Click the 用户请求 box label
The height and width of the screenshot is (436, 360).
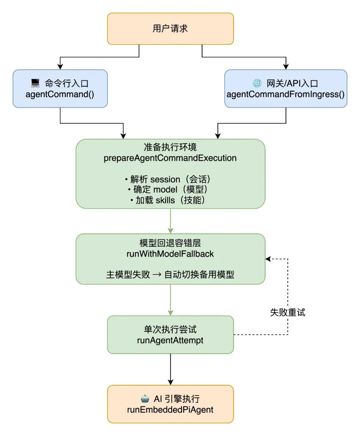170,29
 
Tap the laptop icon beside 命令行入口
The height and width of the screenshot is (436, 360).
35,83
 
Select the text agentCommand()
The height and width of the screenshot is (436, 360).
60,94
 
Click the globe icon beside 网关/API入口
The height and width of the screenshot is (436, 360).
257,83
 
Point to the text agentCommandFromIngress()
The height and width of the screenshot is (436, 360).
286,94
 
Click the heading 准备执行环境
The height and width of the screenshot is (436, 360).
170,147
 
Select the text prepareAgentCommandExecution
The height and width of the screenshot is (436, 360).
170,158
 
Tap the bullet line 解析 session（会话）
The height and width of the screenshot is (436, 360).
168,179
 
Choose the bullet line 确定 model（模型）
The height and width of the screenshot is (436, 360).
168,190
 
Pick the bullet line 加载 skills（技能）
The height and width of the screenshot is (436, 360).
168,200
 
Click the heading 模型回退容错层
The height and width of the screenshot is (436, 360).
170,243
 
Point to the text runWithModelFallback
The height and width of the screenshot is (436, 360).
170,254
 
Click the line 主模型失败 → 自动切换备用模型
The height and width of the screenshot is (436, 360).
170,275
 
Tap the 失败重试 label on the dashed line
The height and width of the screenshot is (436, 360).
287,313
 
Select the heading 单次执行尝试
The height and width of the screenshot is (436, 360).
170,330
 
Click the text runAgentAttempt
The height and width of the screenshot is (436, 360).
170,341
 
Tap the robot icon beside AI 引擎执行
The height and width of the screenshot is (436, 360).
145,399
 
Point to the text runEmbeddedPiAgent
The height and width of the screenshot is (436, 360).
170,410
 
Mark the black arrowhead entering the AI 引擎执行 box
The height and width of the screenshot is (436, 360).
170,382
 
